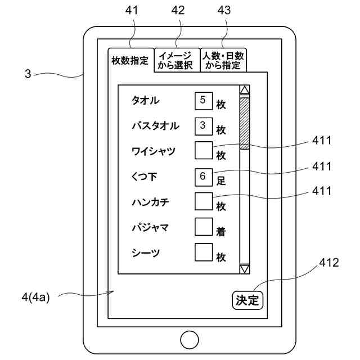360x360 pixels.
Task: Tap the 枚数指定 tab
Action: [x=130, y=60]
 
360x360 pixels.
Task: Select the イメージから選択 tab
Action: [x=176, y=60]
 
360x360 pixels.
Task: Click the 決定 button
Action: [x=247, y=300]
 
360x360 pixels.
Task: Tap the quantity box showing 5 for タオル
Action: [x=202, y=101]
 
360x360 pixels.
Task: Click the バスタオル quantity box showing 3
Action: [x=202, y=125]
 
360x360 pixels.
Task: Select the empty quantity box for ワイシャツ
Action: [x=202, y=151]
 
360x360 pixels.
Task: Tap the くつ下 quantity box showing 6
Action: [x=202, y=176]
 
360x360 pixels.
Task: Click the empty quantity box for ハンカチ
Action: [x=202, y=201]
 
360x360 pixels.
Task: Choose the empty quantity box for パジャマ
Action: [x=202, y=227]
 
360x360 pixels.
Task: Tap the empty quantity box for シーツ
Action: [x=202, y=252]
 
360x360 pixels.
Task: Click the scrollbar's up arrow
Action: [x=245, y=90]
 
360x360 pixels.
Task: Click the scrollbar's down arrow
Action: [x=245, y=269]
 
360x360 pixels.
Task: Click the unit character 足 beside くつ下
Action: [x=221, y=182]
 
